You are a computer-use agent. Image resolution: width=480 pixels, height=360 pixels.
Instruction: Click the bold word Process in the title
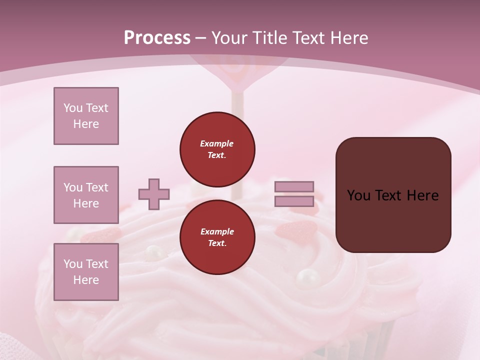click(x=157, y=38)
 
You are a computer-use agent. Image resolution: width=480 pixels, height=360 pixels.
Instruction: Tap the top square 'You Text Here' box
click(x=86, y=116)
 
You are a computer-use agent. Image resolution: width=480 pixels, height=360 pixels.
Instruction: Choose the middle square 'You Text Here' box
click(x=86, y=195)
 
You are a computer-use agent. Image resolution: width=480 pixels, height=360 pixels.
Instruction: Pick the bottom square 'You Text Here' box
click(x=86, y=272)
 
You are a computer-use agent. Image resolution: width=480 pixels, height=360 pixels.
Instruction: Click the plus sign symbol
click(x=154, y=194)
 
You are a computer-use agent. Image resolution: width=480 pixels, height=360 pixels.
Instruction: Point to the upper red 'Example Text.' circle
click(x=217, y=149)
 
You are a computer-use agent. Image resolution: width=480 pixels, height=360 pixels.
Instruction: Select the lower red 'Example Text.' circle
click(x=217, y=237)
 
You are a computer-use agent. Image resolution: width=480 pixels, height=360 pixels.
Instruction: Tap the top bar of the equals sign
click(x=294, y=187)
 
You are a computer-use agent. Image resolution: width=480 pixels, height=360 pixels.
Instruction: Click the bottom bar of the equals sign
click(x=294, y=201)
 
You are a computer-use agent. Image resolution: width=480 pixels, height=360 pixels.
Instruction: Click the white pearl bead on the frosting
click(x=307, y=276)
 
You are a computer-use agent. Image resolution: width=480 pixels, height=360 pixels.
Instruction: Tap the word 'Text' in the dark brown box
click(x=392, y=195)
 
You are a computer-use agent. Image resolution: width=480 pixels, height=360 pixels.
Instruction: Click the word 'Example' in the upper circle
click(x=217, y=143)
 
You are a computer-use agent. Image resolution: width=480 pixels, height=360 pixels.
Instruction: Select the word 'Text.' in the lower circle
click(x=217, y=243)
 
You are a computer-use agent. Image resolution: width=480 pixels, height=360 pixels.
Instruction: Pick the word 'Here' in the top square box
click(x=86, y=124)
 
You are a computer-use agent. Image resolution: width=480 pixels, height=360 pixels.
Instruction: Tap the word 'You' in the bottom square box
click(x=72, y=264)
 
